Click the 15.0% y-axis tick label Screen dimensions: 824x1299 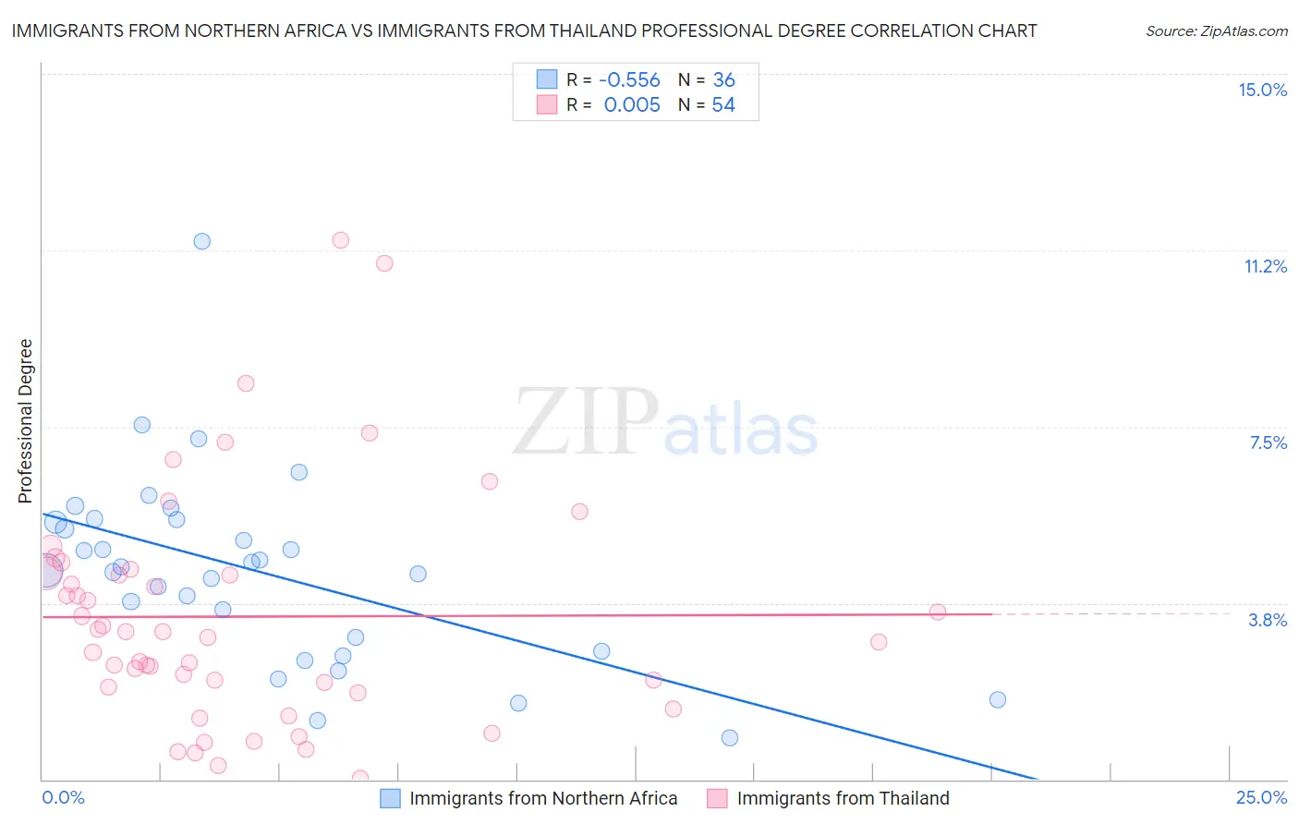point(1262,90)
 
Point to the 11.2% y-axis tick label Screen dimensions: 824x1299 point(1265,266)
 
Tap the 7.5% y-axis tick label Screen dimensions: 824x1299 point(1268,442)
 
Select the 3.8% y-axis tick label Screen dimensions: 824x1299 point(1268,620)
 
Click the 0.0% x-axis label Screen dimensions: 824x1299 point(63,797)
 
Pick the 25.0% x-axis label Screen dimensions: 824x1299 point(1261,797)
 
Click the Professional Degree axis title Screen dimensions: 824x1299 point(25,421)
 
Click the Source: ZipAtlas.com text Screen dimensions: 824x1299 point(1216,30)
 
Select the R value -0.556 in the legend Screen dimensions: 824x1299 point(629,79)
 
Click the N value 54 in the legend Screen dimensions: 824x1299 point(722,105)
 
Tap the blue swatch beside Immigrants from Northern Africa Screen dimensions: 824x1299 point(391,798)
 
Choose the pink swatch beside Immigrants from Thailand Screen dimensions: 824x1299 point(717,798)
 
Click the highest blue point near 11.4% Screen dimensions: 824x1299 point(201,241)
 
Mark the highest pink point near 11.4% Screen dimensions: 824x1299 point(340,240)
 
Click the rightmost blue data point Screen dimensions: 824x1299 point(997,699)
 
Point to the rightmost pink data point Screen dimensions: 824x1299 point(937,612)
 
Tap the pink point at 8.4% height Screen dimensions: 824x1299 point(246,383)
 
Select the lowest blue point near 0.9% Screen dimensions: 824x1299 point(730,737)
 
